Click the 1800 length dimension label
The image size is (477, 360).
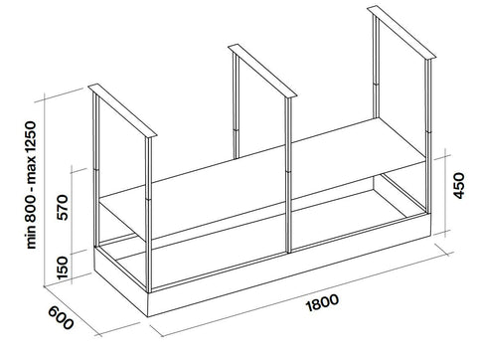click(323, 302)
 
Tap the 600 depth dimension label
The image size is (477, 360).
click(61, 318)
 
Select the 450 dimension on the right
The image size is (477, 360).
click(459, 186)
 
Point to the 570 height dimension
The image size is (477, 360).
click(63, 207)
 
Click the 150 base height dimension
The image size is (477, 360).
click(63, 268)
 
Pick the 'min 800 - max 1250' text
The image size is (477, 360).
click(31, 185)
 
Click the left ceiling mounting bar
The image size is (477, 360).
click(122, 110)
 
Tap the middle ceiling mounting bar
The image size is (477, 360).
click(262, 71)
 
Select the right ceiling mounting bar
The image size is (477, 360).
click(401, 32)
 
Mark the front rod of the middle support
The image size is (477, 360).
click(288, 175)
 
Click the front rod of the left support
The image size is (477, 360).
click(148, 214)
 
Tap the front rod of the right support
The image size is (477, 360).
click(428, 136)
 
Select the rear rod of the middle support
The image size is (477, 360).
click(236, 105)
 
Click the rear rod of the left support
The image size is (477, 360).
click(96, 170)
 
